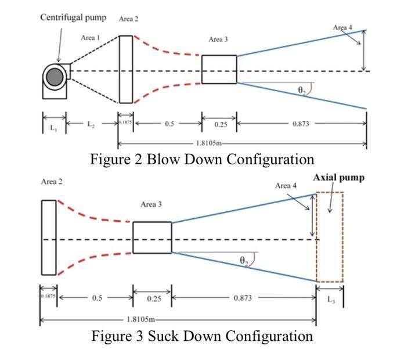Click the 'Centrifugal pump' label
(73, 17)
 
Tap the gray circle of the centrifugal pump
(56, 77)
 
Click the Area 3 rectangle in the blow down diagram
(219, 70)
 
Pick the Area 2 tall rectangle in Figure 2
(126, 69)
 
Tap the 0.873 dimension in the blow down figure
(301, 124)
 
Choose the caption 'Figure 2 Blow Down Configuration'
(202, 159)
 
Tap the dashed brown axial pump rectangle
(329, 237)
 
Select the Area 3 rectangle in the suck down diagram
(152, 237)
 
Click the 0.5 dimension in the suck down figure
(98, 298)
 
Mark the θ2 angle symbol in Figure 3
(244, 261)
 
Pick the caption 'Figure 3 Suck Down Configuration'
(202, 336)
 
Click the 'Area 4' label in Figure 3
(286, 186)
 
